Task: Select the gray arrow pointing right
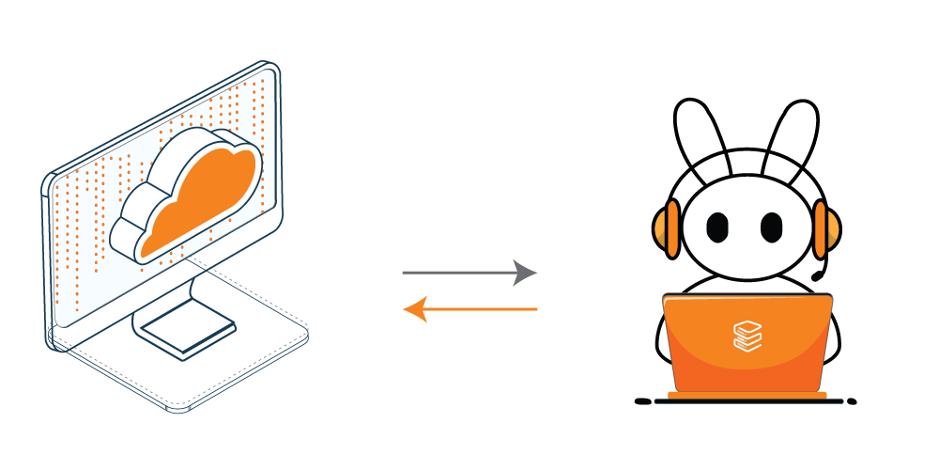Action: click(x=460, y=273)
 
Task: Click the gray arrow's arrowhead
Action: click(x=526, y=273)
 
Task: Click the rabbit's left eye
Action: click(x=717, y=227)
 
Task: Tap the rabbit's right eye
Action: click(x=771, y=227)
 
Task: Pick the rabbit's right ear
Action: click(x=790, y=136)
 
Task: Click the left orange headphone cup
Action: click(x=669, y=227)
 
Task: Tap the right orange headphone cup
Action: click(x=824, y=228)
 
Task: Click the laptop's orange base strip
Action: click(x=747, y=396)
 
